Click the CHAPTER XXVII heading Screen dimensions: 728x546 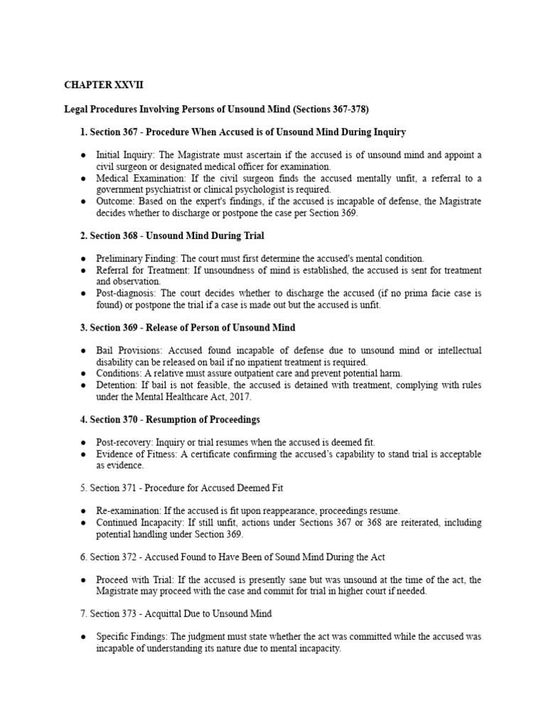(103, 85)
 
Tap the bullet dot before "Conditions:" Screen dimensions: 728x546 (84, 373)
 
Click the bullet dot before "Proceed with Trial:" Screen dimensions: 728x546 (84, 579)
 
